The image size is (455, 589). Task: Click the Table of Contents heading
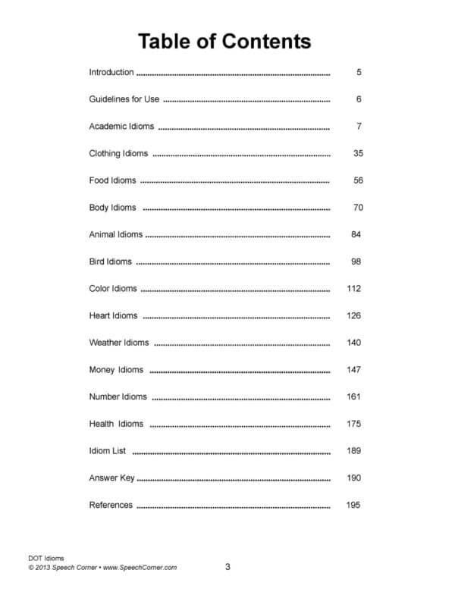pos(224,40)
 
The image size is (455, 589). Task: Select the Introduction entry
pos(111,73)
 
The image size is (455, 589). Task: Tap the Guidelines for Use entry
pos(124,99)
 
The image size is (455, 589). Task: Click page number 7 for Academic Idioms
pos(359,127)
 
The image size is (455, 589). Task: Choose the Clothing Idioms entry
pos(118,154)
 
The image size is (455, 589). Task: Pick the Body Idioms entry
pos(113,208)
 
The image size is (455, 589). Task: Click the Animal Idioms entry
pos(116,235)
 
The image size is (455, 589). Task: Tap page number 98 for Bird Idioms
pos(356,262)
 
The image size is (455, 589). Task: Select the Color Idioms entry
pos(113,289)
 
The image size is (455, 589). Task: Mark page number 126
pos(353,316)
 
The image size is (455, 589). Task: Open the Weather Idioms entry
pos(119,343)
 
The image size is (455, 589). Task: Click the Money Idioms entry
pos(116,370)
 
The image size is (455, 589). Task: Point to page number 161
pos(353,396)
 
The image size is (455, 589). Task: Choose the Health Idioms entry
pos(116,424)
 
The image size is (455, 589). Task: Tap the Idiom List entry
pos(108,451)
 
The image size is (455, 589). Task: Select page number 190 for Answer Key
pos(353,478)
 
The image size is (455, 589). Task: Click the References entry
pos(111,505)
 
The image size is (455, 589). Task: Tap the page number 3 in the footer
pos(227,566)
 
